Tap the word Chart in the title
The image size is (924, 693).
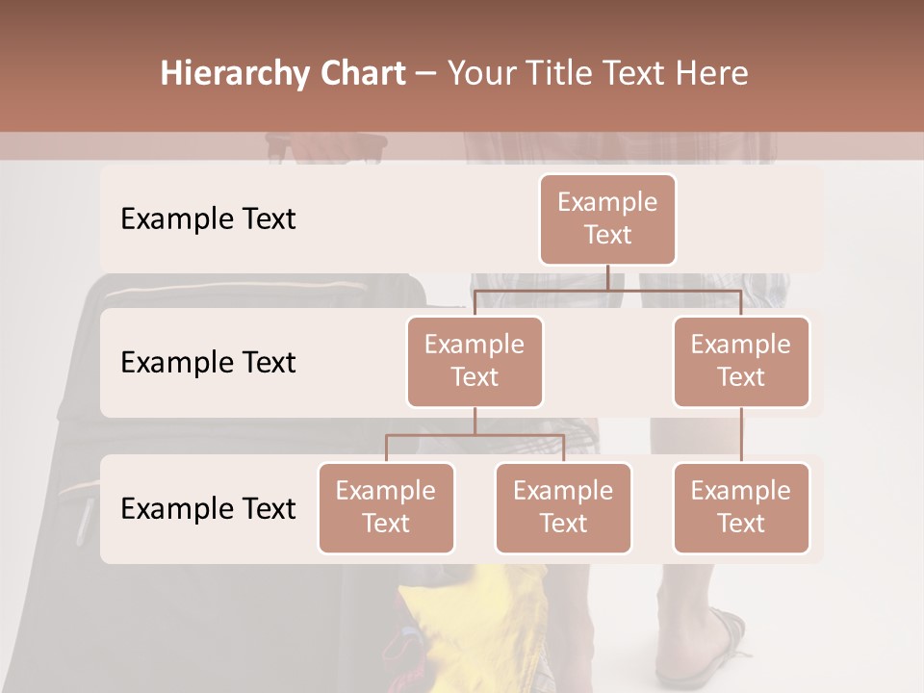pos(358,74)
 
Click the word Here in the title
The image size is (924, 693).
pos(711,74)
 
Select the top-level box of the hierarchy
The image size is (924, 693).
pos(607,218)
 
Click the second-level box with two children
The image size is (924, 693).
pos(475,361)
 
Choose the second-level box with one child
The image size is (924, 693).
pos(741,361)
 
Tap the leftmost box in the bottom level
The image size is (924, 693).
pos(386,507)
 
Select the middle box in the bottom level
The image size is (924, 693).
pos(563,507)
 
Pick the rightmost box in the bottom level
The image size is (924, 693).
pos(741,507)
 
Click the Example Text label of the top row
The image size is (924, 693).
pos(208,218)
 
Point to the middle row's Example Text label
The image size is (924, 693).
pos(208,362)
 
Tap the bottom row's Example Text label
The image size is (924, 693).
pos(208,508)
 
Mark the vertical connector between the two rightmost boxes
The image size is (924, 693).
pos(741,434)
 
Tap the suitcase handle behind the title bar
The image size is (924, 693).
pos(327,147)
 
